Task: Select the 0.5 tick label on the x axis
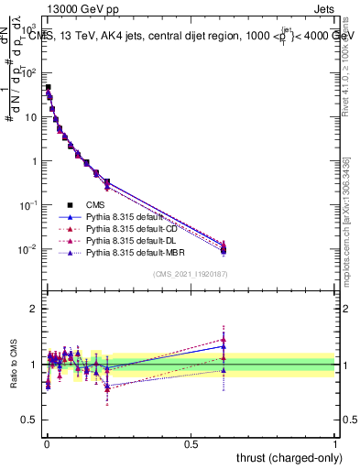[191, 442]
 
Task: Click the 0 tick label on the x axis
[47, 442]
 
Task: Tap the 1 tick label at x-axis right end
[335, 442]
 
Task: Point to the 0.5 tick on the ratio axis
[28, 421]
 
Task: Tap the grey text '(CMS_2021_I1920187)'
[191, 274]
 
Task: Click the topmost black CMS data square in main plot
[48, 88]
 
